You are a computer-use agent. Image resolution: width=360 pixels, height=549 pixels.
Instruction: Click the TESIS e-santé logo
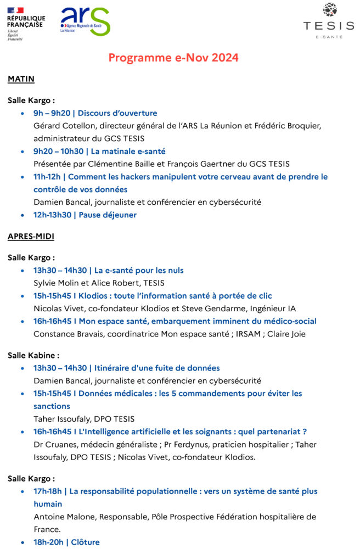(x=329, y=21)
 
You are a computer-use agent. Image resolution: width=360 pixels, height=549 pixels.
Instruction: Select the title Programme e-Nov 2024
(x=173, y=58)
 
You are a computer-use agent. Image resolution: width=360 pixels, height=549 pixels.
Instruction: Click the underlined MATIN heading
(x=21, y=79)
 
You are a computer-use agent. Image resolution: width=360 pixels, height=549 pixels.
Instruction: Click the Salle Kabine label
(x=33, y=355)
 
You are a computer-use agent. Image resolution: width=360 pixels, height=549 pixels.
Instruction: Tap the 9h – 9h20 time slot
(x=48, y=113)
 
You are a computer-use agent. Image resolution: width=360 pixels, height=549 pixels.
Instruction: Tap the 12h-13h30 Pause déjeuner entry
(x=85, y=215)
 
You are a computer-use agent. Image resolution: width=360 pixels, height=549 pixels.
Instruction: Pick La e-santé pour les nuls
(x=139, y=270)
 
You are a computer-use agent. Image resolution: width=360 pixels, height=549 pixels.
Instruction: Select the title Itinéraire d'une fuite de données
(x=157, y=368)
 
